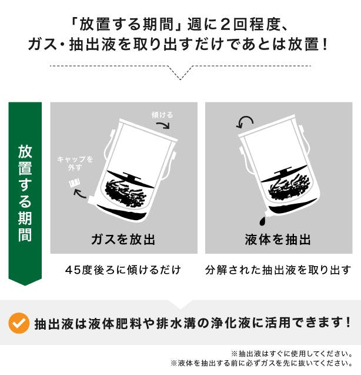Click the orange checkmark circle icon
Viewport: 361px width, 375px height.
(x=19, y=323)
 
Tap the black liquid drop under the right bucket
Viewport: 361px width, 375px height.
(x=262, y=221)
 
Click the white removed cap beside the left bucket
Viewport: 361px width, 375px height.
(x=74, y=183)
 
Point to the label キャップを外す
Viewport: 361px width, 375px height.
(x=75, y=163)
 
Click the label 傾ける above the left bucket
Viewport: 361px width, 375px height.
(x=162, y=115)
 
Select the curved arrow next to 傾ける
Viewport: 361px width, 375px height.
(x=163, y=125)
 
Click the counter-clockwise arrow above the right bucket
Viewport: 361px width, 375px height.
(x=245, y=121)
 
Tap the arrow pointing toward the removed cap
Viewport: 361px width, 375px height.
(x=80, y=194)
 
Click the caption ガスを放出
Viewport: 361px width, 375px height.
(x=123, y=239)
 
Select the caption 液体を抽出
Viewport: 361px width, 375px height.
(x=278, y=239)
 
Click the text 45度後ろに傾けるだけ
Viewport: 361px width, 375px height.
(x=123, y=270)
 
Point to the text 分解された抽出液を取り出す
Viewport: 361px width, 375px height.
(x=278, y=270)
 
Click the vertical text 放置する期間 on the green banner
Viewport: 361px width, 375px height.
(x=25, y=193)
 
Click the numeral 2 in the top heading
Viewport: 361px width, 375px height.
(x=226, y=25)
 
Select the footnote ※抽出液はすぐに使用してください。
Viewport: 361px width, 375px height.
(x=292, y=353)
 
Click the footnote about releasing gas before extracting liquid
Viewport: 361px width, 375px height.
(x=262, y=363)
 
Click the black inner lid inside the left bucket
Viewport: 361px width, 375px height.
(x=131, y=180)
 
